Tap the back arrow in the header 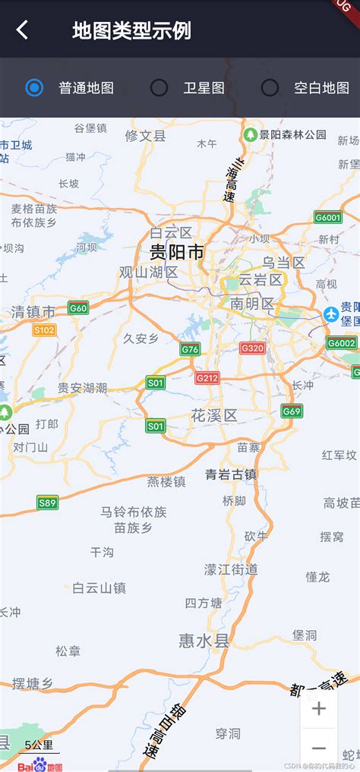[23, 30]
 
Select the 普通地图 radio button [34, 88]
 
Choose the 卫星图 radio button [159, 88]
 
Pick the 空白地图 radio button [270, 88]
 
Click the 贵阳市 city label [176, 252]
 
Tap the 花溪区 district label [214, 415]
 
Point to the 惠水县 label [204, 641]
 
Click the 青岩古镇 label [231, 474]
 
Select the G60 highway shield [78, 307]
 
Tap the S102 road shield [45, 329]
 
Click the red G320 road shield [252, 348]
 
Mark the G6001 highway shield [328, 218]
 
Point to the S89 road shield [47, 502]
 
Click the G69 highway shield [292, 411]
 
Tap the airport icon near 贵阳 [331, 314]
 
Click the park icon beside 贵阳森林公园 [250, 134]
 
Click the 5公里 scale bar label [39, 745]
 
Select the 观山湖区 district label [148, 272]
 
